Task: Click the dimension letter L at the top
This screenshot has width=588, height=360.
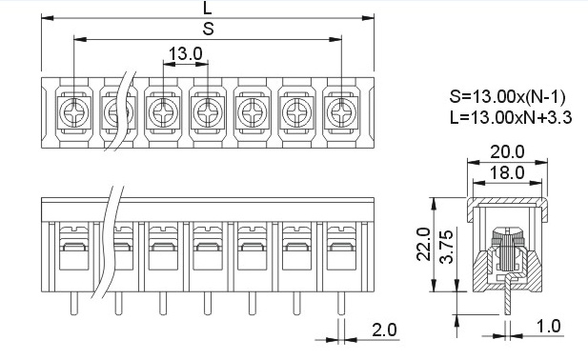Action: pyautogui.click(x=208, y=9)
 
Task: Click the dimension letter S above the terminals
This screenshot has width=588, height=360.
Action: pyautogui.click(x=208, y=29)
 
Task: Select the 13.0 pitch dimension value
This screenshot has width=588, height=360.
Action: pyautogui.click(x=185, y=53)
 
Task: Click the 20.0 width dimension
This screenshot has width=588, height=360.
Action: pyautogui.click(x=506, y=151)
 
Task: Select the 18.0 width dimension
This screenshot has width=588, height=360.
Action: pyautogui.click(x=506, y=171)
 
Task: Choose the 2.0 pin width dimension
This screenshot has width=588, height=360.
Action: pyautogui.click(x=385, y=330)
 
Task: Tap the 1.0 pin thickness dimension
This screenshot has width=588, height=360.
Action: pyautogui.click(x=548, y=327)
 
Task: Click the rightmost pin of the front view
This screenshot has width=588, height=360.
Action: pyautogui.click(x=341, y=302)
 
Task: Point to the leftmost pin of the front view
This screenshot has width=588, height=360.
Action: pyautogui.click(x=71, y=302)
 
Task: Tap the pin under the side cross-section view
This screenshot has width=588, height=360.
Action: pyautogui.click(x=508, y=303)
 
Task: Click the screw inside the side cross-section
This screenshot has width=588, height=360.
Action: pyautogui.click(x=506, y=243)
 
